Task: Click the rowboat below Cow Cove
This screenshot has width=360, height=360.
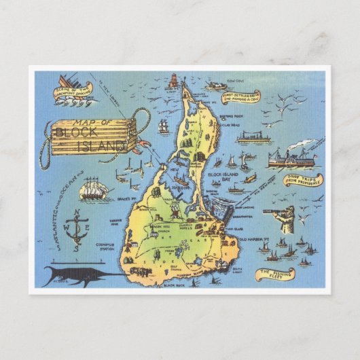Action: click(217, 86)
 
